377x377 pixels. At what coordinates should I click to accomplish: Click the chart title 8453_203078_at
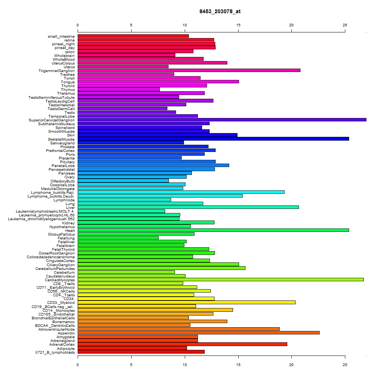(x=220, y=11)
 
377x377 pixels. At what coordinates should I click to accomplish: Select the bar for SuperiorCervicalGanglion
(x=222, y=120)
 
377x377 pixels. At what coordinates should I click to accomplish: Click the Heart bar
(x=213, y=230)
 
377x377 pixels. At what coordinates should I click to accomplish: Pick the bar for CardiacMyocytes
(x=221, y=280)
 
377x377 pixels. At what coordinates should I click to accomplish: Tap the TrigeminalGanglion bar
(x=189, y=70)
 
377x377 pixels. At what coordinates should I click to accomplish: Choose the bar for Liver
(x=188, y=207)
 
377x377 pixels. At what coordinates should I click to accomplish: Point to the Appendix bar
(x=199, y=333)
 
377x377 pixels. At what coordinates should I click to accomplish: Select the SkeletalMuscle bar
(x=213, y=139)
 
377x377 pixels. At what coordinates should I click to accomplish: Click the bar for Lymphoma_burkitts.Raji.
(x=181, y=192)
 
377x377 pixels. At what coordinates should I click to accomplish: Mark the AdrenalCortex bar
(x=182, y=344)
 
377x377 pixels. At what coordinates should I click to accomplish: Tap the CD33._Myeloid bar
(x=187, y=302)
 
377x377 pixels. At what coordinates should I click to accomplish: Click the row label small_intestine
(x=61, y=37)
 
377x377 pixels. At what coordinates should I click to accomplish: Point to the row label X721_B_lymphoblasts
(x=55, y=352)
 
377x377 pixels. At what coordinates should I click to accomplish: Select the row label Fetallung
(x=66, y=238)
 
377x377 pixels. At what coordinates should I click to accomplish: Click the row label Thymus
(x=68, y=90)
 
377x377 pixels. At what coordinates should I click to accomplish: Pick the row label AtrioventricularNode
(x=57, y=329)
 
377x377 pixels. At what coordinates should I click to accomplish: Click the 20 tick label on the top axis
(x=291, y=25)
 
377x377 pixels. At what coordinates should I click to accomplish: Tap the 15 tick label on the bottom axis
(x=238, y=365)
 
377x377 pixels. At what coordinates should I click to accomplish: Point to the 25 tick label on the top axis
(x=345, y=25)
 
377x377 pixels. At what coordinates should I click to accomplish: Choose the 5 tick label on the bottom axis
(x=131, y=365)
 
